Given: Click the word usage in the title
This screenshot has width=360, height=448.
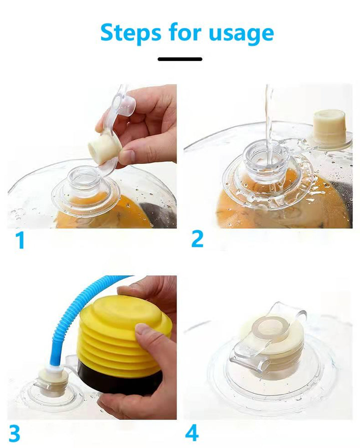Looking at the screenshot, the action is click(241, 34).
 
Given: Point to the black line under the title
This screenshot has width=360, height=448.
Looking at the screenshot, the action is click(180, 59).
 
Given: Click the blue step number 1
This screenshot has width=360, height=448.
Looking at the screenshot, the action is click(19, 240).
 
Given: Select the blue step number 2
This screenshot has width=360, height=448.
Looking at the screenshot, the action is click(197, 239).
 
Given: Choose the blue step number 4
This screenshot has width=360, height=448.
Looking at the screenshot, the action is click(192, 433).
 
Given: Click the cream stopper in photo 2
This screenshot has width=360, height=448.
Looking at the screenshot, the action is click(329, 122).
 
